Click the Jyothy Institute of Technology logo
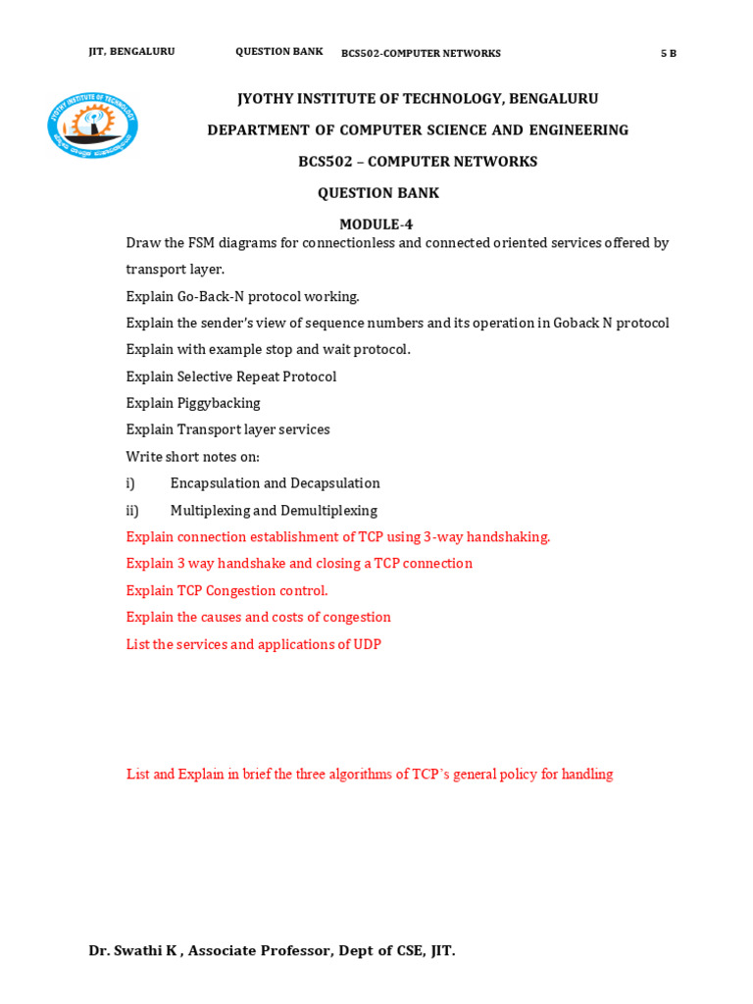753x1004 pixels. click(92, 125)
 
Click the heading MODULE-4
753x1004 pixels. click(376, 225)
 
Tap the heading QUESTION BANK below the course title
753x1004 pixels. click(378, 193)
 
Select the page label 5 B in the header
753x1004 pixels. click(668, 54)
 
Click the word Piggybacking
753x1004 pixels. click(219, 403)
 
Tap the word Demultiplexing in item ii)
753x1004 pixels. click(328, 511)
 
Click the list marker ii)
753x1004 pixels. click(132, 511)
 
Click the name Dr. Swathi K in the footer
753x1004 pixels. click(134, 950)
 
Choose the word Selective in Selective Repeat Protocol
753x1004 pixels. click(205, 376)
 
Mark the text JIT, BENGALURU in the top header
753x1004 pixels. click(131, 52)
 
